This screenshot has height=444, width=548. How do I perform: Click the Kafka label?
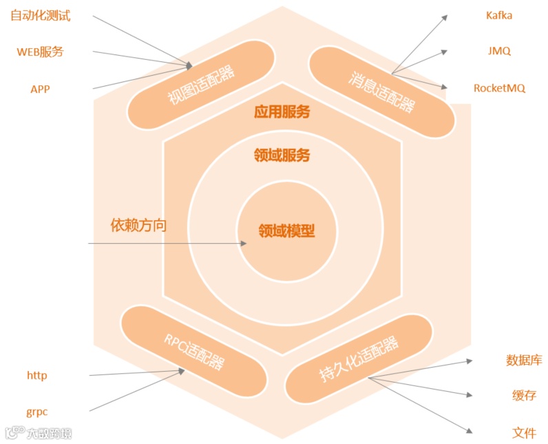point(498,15)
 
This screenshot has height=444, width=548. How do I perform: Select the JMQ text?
point(498,51)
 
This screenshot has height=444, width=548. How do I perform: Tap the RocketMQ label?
point(499,88)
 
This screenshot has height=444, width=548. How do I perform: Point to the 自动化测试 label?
point(40,15)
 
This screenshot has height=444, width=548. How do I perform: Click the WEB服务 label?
point(40,52)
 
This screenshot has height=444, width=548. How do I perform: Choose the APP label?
point(40,89)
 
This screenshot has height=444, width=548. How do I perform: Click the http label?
point(37,376)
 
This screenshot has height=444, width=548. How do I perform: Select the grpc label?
point(37,412)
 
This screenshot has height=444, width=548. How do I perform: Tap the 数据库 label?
point(524,360)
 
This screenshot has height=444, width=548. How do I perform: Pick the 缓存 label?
point(524,396)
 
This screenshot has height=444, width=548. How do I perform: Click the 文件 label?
point(524,432)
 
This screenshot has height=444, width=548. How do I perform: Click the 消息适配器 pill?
point(381,92)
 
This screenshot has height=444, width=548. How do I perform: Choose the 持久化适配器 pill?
point(359,359)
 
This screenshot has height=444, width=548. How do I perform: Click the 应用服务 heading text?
point(282,112)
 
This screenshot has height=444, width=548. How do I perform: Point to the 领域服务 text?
point(282,156)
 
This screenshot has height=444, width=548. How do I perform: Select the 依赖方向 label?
point(138,225)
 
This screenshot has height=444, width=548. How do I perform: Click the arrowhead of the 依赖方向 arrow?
point(244,243)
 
